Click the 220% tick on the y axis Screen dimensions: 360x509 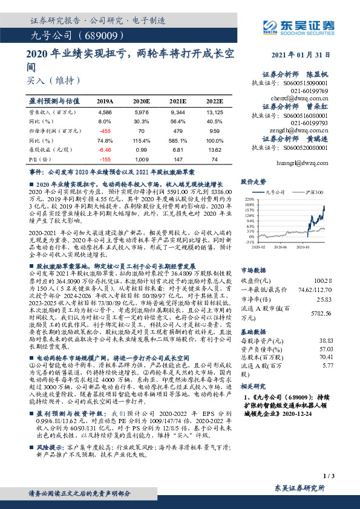(250, 198)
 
